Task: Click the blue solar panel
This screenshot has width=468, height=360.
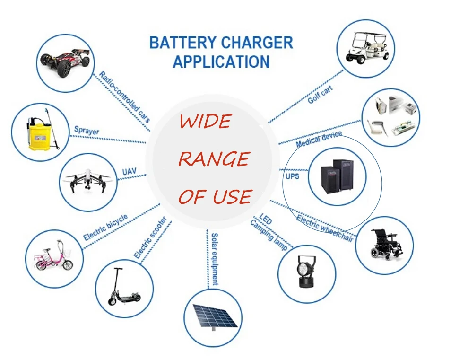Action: pos(213,316)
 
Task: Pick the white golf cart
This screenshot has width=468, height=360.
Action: pos(367,48)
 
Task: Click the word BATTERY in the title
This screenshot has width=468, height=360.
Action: pos(183,43)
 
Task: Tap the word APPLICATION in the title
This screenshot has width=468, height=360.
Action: pos(221,61)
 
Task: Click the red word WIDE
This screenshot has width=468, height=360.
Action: pos(205,122)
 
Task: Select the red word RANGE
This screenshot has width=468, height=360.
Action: pos(213,159)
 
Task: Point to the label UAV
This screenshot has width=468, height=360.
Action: pos(129,170)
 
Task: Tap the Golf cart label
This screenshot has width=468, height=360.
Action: pos(320,95)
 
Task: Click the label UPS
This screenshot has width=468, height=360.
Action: pos(292,176)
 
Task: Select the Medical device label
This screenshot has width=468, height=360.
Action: pos(318,140)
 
